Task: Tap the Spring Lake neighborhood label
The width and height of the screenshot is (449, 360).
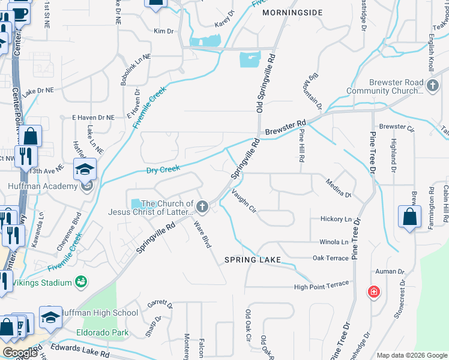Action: [x=253, y=260]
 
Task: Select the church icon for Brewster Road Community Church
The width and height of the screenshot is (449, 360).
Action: [x=432, y=86]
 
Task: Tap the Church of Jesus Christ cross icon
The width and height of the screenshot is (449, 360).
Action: [x=203, y=208]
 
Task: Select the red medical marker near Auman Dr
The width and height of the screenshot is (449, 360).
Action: [x=373, y=292]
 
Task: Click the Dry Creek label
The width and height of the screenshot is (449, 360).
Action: [x=163, y=170]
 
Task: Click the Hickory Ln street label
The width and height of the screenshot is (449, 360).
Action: [x=335, y=219]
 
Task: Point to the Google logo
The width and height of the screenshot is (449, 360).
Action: [x=20, y=353]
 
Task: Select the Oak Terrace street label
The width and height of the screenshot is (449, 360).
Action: [x=330, y=258]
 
